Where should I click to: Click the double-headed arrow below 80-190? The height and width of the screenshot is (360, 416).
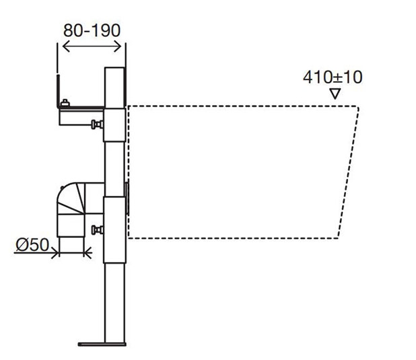(91, 46)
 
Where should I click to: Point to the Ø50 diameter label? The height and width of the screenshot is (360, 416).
(32, 244)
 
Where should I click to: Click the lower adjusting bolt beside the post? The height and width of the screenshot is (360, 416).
(98, 230)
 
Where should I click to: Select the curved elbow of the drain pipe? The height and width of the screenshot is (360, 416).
(67, 199)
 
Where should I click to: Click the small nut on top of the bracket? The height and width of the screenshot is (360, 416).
(65, 103)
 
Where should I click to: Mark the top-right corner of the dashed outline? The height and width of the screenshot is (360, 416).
(359, 107)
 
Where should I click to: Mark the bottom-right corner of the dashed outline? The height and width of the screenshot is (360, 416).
(339, 237)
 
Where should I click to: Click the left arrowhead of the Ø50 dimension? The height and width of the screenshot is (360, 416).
(60, 252)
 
